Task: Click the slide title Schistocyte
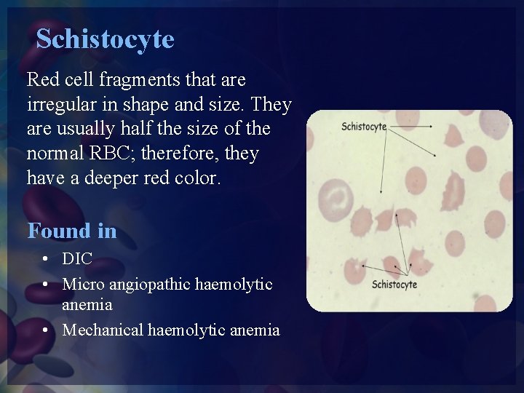pos(106,39)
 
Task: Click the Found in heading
pos(71,231)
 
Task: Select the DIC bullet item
pos(77,259)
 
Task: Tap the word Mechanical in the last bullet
pos(103,330)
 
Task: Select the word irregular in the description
pos(57,104)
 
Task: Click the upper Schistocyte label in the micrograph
pos(364,127)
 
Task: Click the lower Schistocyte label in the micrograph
pos(394,284)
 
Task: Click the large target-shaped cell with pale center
pos(338,197)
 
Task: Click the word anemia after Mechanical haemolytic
pos(255,330)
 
